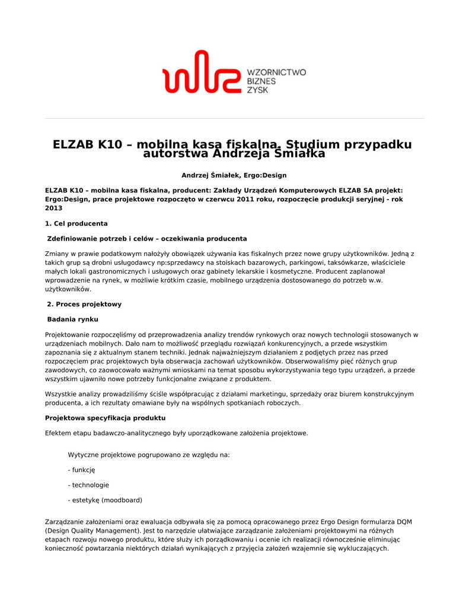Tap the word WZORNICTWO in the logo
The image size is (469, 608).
click(x=276, y=72)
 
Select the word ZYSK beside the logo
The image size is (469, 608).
click(x=257, y=90)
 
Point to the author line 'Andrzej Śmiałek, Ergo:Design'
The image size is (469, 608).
click(x=234, y=175)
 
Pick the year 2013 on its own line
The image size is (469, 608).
click(x=53, y=208)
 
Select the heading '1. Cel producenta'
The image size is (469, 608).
click(x=76, y=224)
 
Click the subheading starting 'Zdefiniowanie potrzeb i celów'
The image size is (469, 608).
click(x=146, y=239)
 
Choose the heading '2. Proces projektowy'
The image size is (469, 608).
click(x=84, y=304)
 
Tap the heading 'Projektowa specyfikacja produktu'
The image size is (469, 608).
click(x=105, y=418)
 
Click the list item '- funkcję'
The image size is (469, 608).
click(x=81, y=470)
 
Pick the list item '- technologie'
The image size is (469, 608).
click(x=88, y=485)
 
